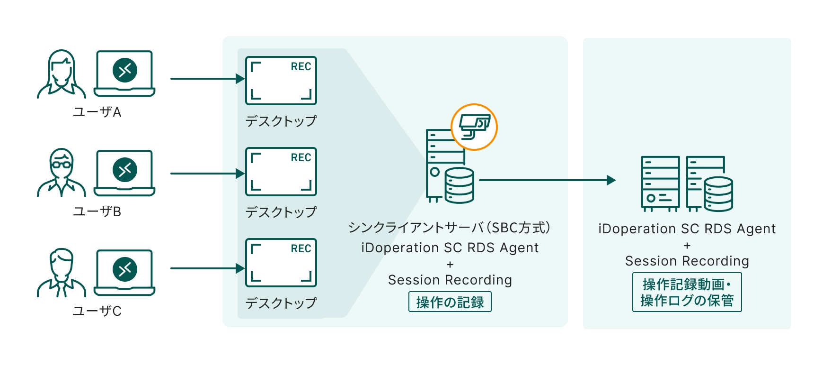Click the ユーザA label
(x=97, y=112)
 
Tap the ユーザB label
(x=97, y=211)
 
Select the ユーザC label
(x=97, y=311)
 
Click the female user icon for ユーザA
(x=62, y=74)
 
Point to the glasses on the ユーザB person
(x=61, y=165)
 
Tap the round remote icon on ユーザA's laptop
(x=125, y=70)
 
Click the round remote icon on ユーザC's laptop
(x=125, y=269)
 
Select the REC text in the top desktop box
(x=301, y=67)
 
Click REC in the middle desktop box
(x=301, y=158)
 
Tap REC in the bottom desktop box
(x=301, y=249)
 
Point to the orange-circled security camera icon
(x=474, y=127)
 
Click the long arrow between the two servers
(x=547, y=180)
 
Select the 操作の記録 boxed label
(x=450, y=302)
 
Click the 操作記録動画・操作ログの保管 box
(x=687, y=292)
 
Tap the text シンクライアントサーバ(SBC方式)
(x=450, y=228)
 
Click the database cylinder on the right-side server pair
(x=718, y=193)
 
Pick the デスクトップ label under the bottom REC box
(x=281, y=303)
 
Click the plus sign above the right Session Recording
(x=687, y=246)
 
